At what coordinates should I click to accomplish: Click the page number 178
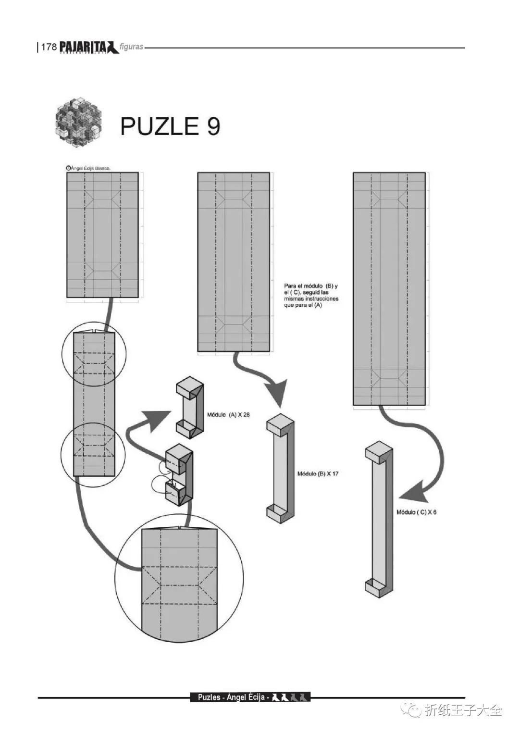[x=49, y=47]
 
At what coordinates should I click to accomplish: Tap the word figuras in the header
[x=132, y=47]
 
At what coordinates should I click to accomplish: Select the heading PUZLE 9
[x=170, y=126]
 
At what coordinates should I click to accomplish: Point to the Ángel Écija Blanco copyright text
[x=88, y=168]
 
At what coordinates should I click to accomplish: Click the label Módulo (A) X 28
[x=228, y=414]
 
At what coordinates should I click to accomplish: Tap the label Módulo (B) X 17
[x=318, y=473]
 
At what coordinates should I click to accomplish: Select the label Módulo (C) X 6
[x=416, y=512]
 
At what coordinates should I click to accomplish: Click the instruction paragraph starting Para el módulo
[x=311, y=295]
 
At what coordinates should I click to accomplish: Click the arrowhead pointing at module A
[x=159, y=418]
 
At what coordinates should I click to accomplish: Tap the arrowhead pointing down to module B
[x=279, y=394]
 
